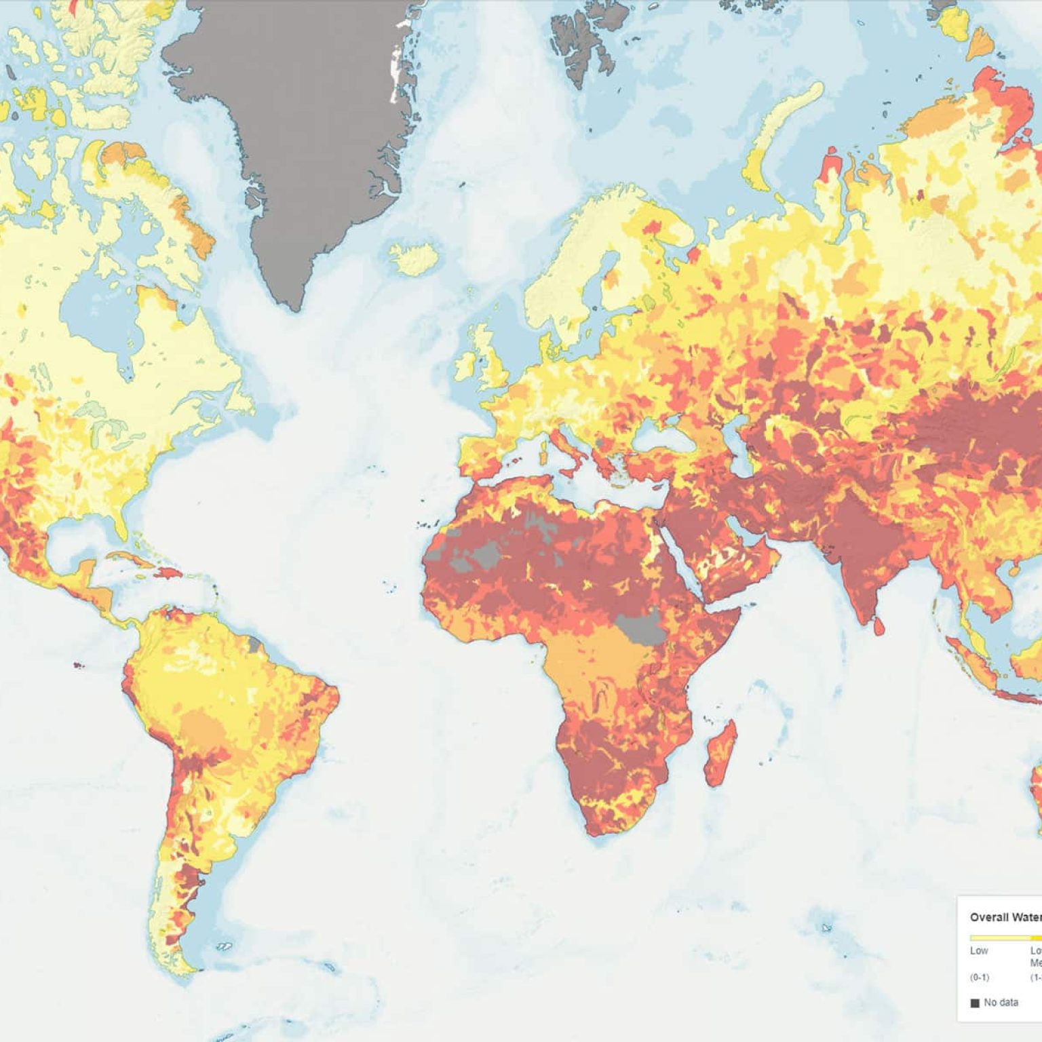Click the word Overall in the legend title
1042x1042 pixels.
click(x=987, y=917)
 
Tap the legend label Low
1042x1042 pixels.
click(x=978, y=950)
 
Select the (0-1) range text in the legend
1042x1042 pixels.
click(x=979, y=978)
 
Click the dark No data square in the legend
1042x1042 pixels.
click(x=975, y=1003)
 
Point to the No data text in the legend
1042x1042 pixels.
click(x=1001, y=1002)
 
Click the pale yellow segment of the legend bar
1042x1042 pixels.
click(x=997, y=938)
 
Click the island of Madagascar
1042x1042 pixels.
click(x=721, y=753)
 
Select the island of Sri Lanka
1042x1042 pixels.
click(x=879, y=625)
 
